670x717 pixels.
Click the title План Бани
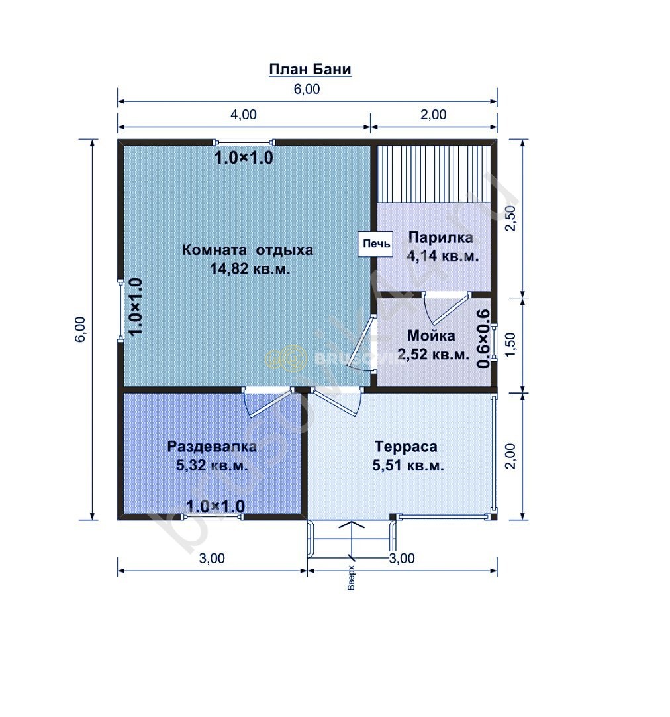pos(310,70)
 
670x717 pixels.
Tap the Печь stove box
pos(376,244)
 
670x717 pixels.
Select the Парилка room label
pos(441,238)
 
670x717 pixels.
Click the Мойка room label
pos(431,335)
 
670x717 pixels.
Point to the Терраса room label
pos(406,446)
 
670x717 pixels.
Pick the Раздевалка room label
pos(212,446)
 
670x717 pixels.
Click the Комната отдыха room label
pos(248,250)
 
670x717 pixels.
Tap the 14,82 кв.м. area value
pos(250,269)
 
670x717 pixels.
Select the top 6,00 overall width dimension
pos(307,89)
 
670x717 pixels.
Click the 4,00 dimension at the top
pos(243,115)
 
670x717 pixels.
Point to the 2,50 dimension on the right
pos(511,219)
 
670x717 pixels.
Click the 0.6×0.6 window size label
pos(483,339)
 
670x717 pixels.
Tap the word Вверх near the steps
pos(351,577)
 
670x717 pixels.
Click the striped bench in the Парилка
pos(434,174)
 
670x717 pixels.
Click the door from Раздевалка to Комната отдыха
pos(269,402)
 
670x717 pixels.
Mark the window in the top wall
pos(244,142)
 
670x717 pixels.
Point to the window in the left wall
pos(120,310)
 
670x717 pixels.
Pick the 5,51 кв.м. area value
pos(408,465)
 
